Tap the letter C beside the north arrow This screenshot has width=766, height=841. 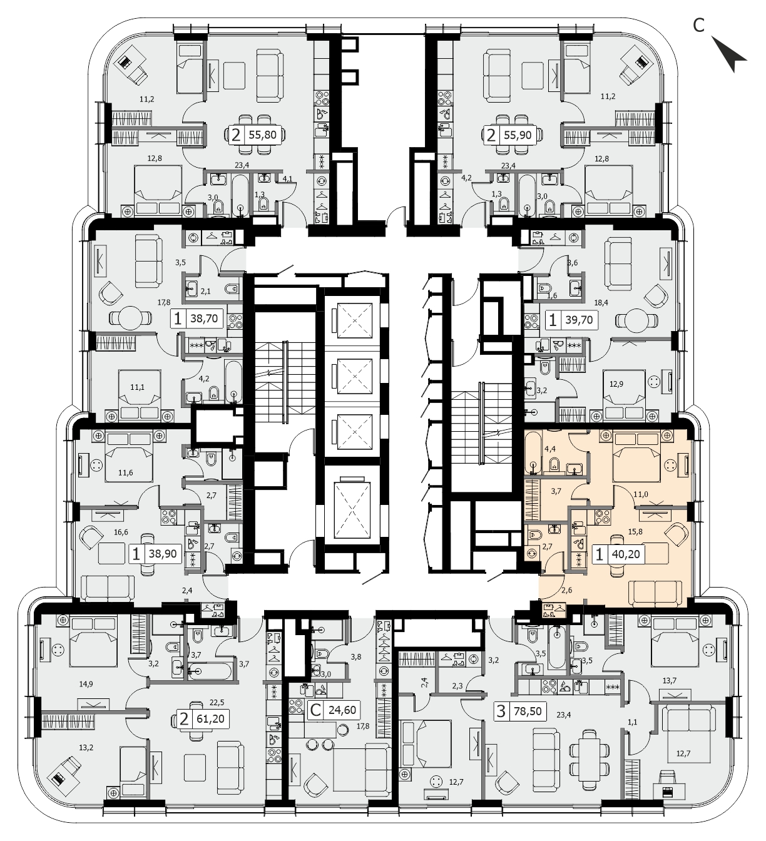point(698,26)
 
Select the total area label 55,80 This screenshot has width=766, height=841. point(263,135)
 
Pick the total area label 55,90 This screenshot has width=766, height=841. point(518,135)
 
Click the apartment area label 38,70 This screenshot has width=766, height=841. point(204,319)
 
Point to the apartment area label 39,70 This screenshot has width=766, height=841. point(579,320)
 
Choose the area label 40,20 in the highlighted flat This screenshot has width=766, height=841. point(626,554)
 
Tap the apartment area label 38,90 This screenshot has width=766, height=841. point(163,554)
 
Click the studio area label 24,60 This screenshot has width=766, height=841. point(342,710)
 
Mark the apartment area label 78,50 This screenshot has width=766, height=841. point(528,711)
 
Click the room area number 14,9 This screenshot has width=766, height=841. point(86,684)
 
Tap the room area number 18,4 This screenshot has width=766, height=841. point(601,303)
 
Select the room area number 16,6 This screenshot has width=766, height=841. point(121,532)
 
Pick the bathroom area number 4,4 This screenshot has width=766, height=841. point(549,449)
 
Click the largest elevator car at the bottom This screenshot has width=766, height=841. point(352,510)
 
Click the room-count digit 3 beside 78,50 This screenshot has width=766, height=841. point(501,711)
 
